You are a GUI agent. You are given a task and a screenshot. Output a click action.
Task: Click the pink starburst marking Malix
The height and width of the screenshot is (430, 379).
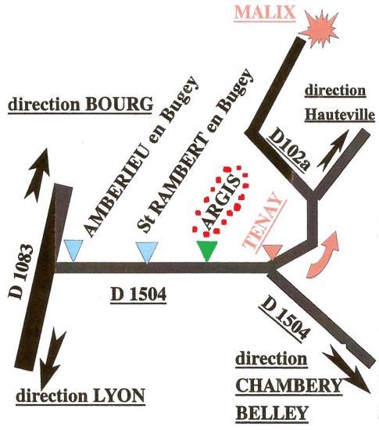click(321, 29)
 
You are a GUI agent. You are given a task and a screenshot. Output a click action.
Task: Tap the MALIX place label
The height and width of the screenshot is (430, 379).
click(265, 13)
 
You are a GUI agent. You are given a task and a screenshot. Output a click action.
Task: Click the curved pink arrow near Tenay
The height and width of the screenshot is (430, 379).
click(324, 254)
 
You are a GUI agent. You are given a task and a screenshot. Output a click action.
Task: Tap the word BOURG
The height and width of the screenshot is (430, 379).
click(120, 104)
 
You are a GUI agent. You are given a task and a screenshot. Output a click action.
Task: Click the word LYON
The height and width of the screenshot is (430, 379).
click(116, 396)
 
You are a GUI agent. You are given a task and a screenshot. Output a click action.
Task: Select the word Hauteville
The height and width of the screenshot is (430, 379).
click(340, 115)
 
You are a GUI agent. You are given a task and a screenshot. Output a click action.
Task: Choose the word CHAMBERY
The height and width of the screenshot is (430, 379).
click(289, 385)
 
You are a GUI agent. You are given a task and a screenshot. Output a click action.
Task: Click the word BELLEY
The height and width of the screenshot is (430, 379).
click(272, 413)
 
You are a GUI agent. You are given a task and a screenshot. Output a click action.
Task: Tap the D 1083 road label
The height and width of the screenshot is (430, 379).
click(20, 271)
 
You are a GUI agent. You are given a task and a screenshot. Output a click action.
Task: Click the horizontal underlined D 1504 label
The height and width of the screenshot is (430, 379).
click(138, 295)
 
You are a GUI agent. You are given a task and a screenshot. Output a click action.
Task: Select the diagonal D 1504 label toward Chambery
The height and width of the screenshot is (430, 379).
click(286, 317)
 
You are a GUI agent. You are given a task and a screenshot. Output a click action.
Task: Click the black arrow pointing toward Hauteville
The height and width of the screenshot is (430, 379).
click(333, 150)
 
